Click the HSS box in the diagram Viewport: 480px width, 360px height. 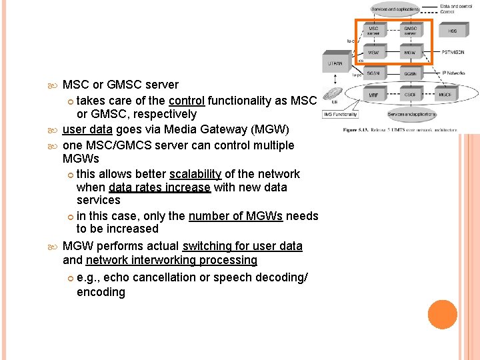click(x=453, y=31)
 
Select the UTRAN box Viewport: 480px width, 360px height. click(x=335, y=63)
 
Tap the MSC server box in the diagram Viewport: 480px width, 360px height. click(x=374, y=31)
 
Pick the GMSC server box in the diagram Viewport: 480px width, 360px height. click(x=410, y=31)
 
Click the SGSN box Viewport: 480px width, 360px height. click(x=374, y=73)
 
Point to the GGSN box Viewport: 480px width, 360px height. click(x=410, y=73)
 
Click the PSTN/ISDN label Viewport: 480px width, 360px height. click(x=453, y=52)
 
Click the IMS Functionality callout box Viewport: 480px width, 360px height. click(x=340, y=114)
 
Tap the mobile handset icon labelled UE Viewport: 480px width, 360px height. click(x=331, y=93)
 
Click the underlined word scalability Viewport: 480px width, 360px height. click(x=195, y=174)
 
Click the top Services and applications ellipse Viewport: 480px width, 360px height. click(x=395, y=9)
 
